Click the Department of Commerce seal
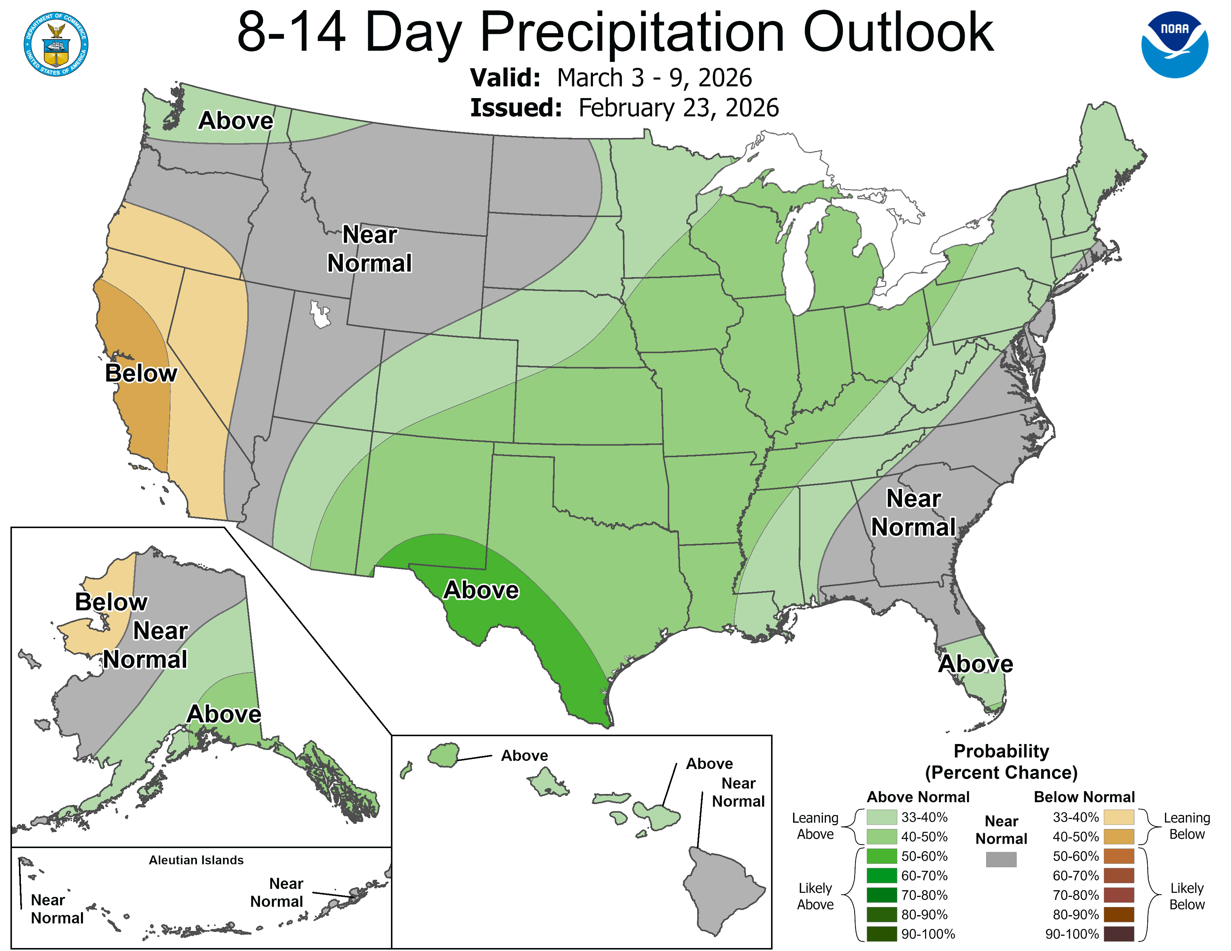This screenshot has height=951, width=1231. pyautogui.click(x=56, y=44)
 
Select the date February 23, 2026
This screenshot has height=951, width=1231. pyautogui.click(x=679, y=108)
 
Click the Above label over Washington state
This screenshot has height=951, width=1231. pyautogui.click(x=236, y=120)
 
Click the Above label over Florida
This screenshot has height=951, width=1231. pyautogui.click(x=975, y=664)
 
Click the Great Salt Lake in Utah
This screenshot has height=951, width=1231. pyautogui.click(x=320, y=314)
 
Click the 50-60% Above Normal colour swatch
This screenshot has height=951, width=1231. pyautogui.click(x=881, y=856)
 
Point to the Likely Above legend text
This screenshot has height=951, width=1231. pyautogui.click(x=815, y=896)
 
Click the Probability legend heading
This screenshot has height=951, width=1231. pyautogui.click(x=1001, y=751)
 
